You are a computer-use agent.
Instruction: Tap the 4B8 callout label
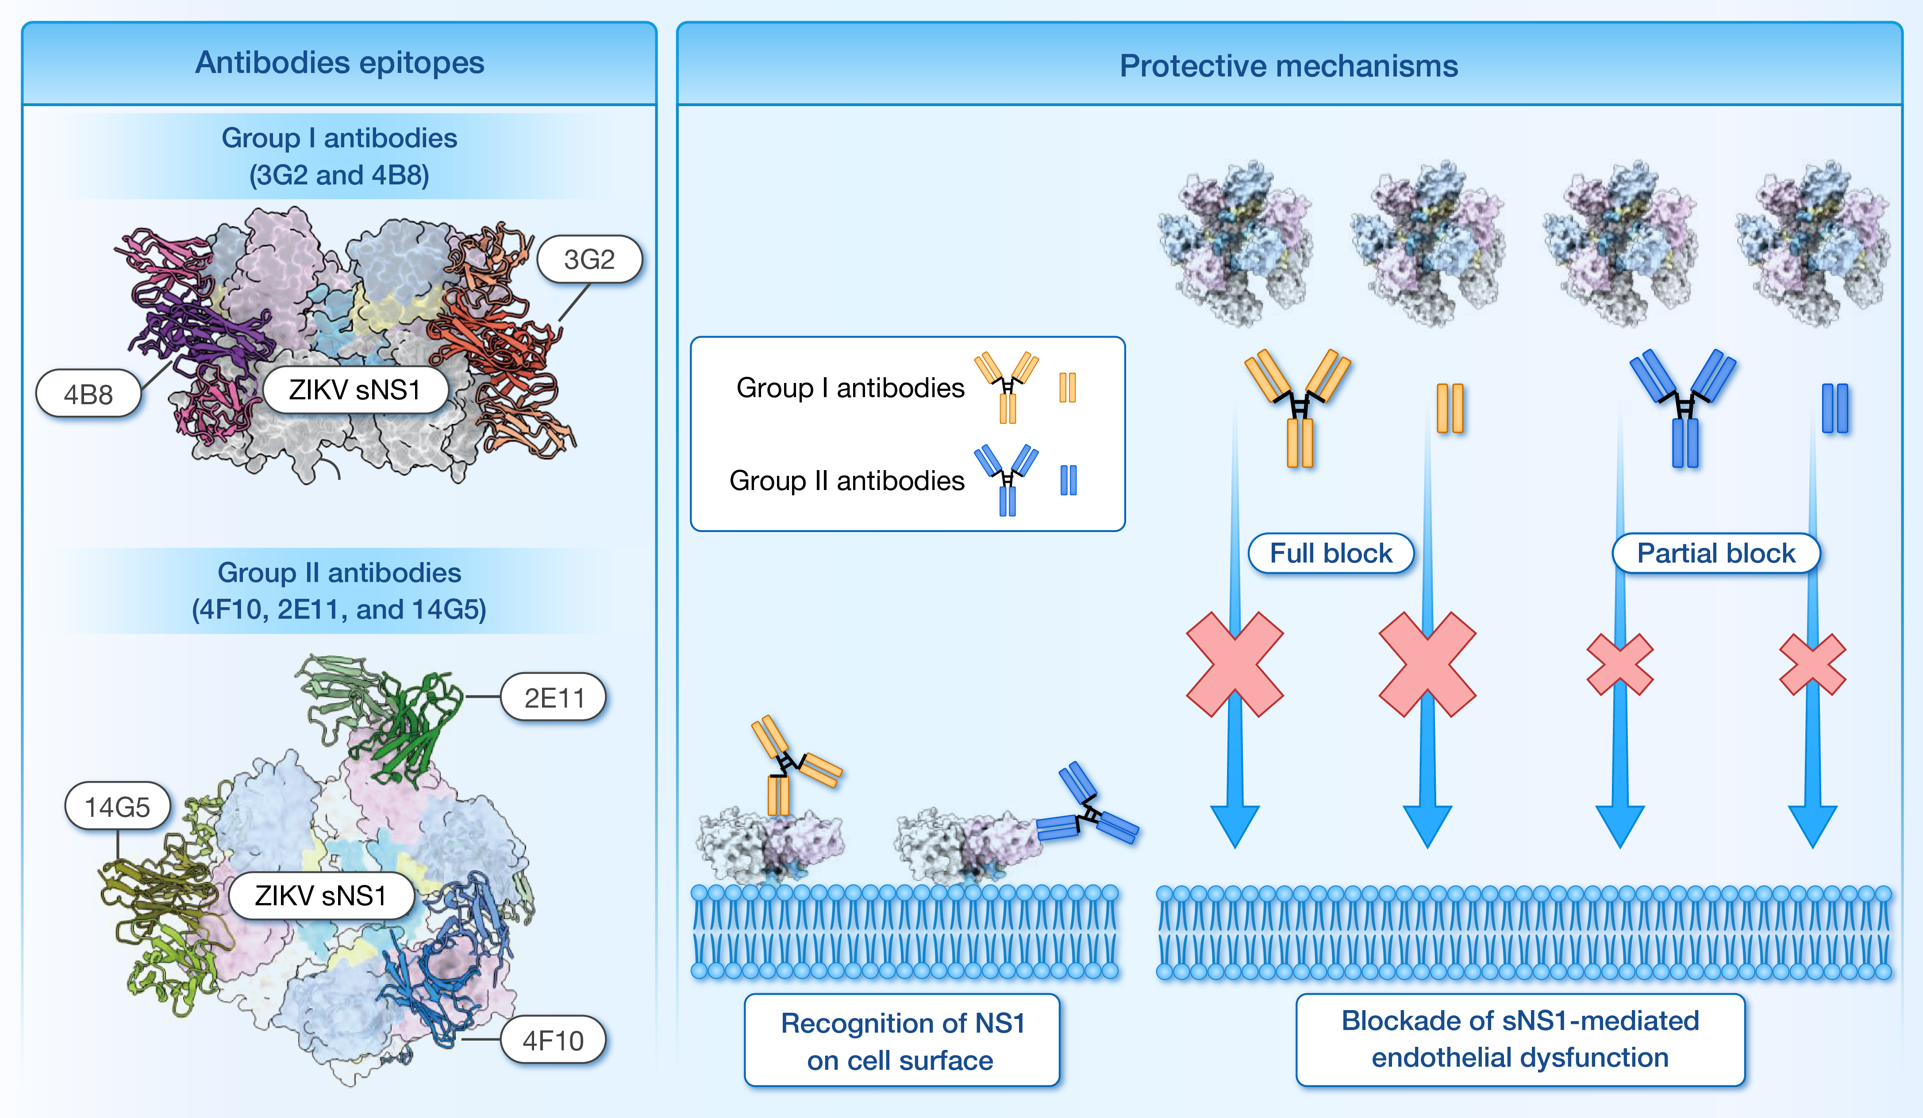click(88, 394)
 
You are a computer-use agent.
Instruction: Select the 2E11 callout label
click(553, 697)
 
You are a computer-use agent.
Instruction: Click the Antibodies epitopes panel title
click(339, 62)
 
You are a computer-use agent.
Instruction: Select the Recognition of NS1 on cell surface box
click(901, 1040)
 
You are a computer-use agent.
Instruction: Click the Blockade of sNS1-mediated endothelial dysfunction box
click(1519, 1039)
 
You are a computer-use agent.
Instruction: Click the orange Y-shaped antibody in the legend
click(1007, 386)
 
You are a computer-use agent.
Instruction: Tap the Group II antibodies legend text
click(846, 480)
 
